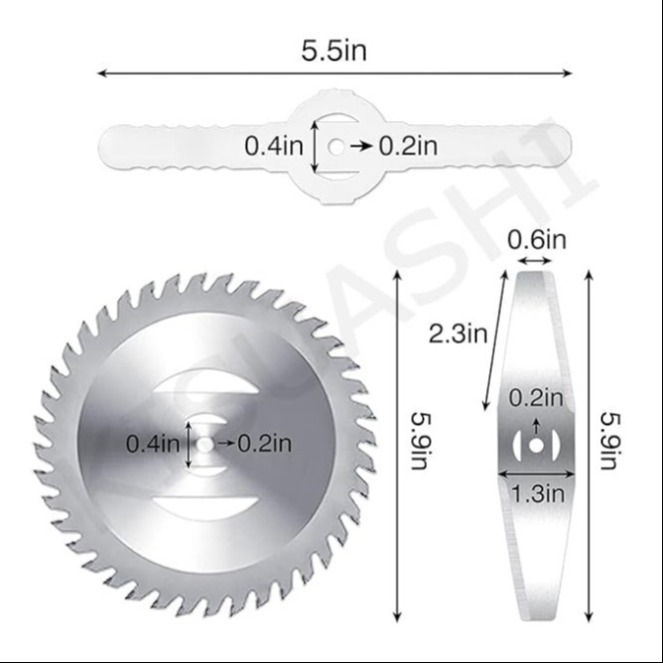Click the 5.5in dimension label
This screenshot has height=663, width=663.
(x=333, y=51)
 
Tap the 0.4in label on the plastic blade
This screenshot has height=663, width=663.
(x=274, y=146)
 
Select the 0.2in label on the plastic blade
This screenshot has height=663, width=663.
(x=408, y=146)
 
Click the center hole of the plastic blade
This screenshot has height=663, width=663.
(x=336, y=147)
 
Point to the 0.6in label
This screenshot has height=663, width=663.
(x=537, y=240)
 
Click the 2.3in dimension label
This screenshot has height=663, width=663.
(x=458, y=333)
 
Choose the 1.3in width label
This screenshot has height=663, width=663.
(x=538, y=493)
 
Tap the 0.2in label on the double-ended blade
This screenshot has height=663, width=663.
(x=536, y=398)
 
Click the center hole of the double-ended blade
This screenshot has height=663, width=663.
(x=536, y=446)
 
